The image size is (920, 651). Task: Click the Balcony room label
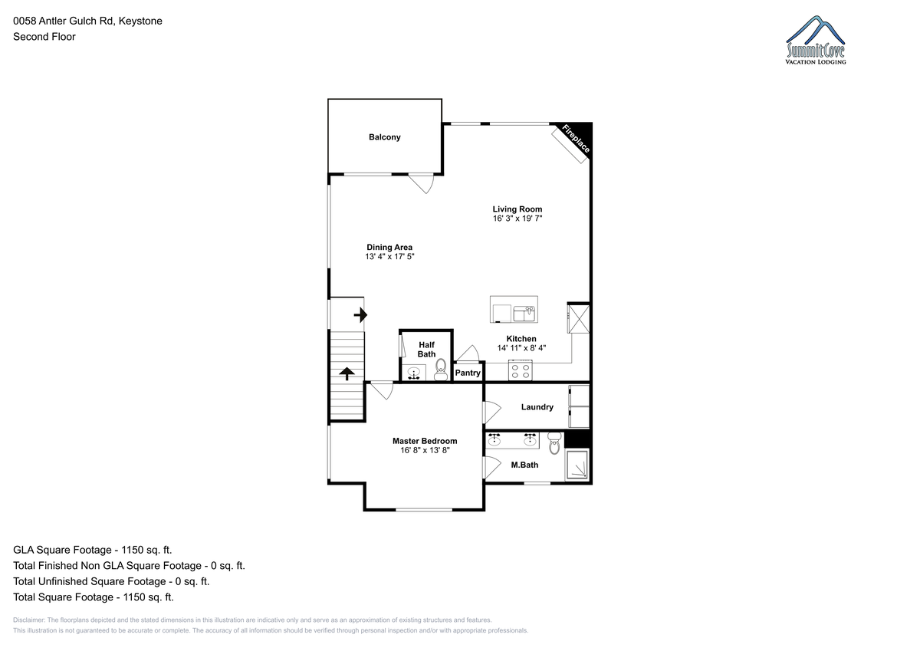click(x=384, y=137)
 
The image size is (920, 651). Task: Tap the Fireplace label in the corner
click(x=577, y=139)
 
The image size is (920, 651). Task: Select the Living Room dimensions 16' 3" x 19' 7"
click(x=517, y=219)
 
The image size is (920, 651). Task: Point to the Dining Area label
click(x=389, y=247)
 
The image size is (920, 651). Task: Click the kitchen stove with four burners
click(x=521, y=370)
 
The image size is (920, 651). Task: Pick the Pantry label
click(x=468, y=373)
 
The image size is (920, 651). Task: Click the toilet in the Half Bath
click(x=441, y=370)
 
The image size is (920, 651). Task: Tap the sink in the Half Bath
click(x=413, y=373)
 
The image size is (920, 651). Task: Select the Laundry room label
click(x=537, y=407)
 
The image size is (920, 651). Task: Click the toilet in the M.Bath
click(x=554, y=443)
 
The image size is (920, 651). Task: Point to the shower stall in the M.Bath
click(x=577, y=465)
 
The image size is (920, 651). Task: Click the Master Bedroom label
click(x=425, y=441)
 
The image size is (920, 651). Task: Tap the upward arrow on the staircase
click(x=347, y=373)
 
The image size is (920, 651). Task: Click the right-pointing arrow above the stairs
click(x=360, y=315)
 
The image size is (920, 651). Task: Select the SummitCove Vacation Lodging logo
click(x=815, y=40)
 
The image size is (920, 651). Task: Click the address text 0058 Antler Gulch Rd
click(x=63, y=21)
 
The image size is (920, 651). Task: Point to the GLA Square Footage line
click(x=93, y=550)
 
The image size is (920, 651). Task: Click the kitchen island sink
click(x=524, y=314)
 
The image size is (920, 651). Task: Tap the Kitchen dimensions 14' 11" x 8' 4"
click(x=521, y=348)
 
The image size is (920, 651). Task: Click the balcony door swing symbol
click(x=423, y=183)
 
